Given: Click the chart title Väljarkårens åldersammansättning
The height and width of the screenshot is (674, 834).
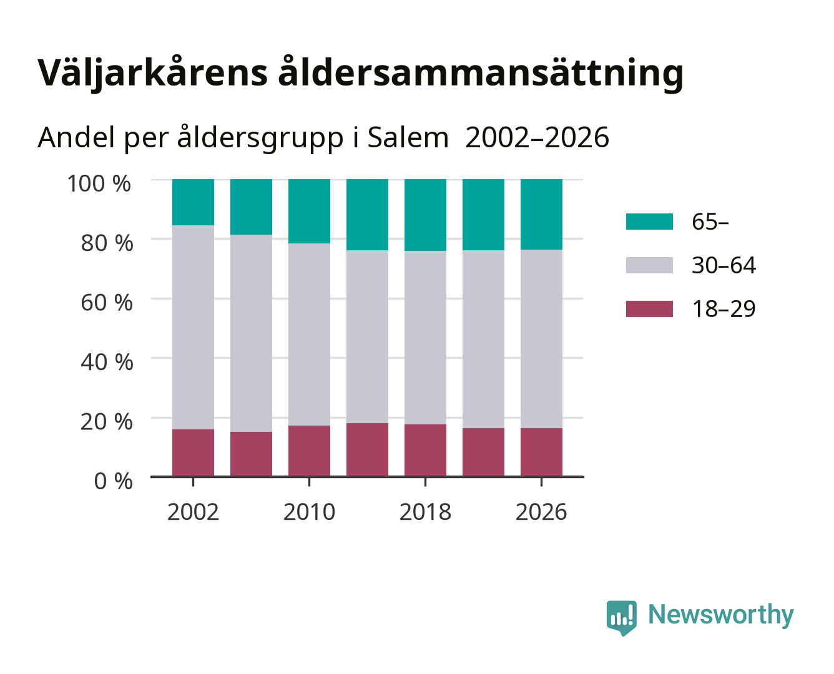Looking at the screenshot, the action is [360, 73].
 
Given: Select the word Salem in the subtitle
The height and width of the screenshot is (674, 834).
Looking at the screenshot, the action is [408, 137].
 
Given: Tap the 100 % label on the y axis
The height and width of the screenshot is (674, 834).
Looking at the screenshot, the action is [99, 183].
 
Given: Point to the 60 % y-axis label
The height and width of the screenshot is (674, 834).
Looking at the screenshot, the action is [107, 303].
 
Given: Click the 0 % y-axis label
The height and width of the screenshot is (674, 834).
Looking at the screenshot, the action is [113, 481].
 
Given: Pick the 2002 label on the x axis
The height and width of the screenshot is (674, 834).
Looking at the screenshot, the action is [193, 512].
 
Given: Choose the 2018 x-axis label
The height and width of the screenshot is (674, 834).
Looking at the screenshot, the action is [425, 512].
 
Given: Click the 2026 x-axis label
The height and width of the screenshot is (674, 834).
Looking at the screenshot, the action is [541, 512].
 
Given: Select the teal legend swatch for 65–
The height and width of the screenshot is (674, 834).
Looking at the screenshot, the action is [649, 222].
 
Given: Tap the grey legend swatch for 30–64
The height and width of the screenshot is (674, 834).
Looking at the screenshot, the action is [649, 265].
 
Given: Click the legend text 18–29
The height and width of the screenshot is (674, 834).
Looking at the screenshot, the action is [724, 309].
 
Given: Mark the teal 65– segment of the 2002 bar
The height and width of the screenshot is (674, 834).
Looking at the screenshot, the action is [193, 202].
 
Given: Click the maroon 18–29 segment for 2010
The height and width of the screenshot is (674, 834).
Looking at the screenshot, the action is [310, 451].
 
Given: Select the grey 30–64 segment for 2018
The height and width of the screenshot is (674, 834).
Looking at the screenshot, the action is [425, 338].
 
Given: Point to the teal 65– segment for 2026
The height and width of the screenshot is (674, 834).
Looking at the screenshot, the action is [541, 215].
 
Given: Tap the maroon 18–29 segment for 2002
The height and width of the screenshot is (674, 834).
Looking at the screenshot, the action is [193, 453].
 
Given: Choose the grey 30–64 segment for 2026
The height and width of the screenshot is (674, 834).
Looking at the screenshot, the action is [541, 339].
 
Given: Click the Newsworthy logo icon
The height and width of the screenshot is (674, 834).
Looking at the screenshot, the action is [621, 618].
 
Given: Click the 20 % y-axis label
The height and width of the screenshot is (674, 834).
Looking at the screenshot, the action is [107, 421].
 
